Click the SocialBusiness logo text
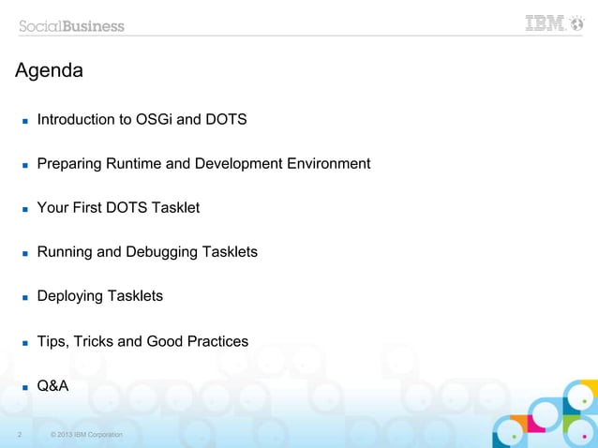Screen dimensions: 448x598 point(72,25)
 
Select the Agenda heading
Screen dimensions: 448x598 point(49,70)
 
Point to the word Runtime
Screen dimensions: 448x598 point(134,164)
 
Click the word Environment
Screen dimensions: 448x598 point(328,164)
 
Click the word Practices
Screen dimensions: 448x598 point(217,341)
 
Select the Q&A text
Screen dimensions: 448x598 point(52,385)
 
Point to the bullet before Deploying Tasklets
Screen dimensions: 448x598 point(25,298)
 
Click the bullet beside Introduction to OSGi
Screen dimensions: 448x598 point(25,122)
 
